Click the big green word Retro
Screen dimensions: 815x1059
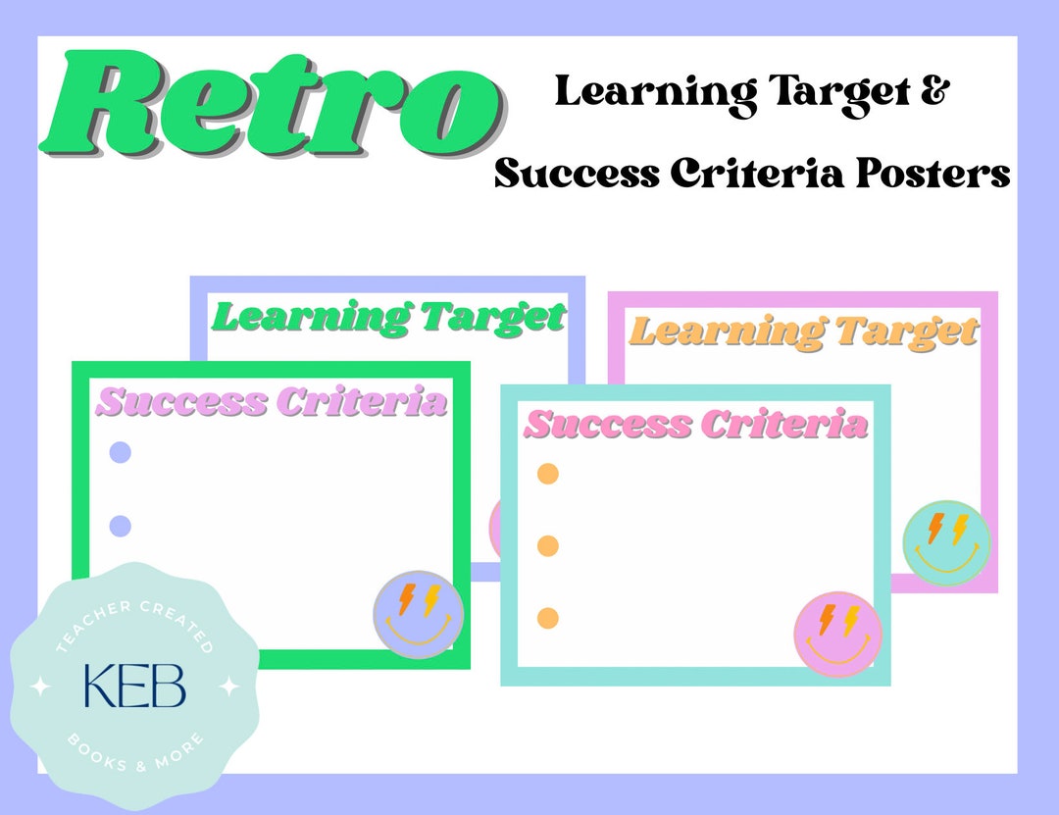270,106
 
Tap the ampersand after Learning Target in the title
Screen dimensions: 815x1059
936,92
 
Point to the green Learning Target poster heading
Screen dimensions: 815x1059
389,317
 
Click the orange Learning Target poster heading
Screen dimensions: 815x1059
803,331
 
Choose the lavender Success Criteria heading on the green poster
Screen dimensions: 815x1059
272,402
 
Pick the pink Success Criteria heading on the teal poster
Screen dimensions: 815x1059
696,425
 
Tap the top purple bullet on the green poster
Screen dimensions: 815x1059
120,452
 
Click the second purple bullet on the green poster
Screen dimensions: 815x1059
120,526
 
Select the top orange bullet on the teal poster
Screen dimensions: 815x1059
548,474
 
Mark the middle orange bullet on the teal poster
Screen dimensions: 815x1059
548,545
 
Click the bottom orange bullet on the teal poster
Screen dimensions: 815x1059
548,618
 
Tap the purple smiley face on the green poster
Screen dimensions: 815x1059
419,614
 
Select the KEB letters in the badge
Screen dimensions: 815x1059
134,687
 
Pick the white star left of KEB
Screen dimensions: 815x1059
40,687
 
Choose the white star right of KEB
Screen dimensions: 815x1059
228,687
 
